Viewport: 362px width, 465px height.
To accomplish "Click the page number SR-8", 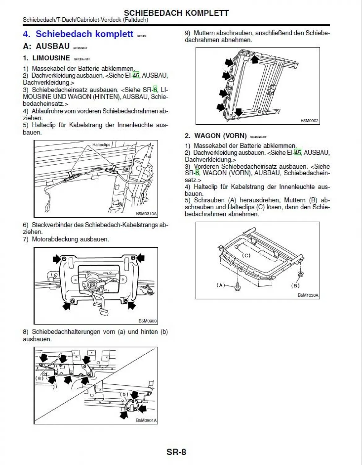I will point(176,452).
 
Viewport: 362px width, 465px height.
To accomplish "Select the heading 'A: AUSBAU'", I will point(46,46).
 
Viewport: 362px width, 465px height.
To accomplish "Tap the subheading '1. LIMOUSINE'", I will point(47,58).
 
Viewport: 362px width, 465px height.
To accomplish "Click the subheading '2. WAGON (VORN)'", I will point(216,136).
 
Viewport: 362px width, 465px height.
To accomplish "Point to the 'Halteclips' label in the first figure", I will point(101,145).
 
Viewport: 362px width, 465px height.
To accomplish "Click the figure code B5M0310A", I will point(146,214).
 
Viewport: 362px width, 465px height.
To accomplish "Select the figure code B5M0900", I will point(148,321).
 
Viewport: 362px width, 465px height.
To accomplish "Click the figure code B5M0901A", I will point(146,420).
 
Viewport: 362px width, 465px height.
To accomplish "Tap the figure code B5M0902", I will point(309,121).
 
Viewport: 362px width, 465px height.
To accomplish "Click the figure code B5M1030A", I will point(308,295).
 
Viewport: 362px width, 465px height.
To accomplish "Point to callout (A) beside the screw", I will point(221,285).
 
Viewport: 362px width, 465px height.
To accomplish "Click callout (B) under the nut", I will point(295,286).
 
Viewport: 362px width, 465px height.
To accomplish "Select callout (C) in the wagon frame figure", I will point(246,255).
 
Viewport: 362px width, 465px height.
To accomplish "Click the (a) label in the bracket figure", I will point(39,378).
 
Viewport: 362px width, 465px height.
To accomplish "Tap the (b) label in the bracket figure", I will point(124,394).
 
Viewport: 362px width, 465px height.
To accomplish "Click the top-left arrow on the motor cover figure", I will point(57,259).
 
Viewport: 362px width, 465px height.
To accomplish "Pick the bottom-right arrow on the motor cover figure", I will point(132,305).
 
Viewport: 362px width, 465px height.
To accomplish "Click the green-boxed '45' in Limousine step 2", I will point(136,75).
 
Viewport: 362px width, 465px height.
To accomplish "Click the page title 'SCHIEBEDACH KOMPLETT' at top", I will point(176,13).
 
